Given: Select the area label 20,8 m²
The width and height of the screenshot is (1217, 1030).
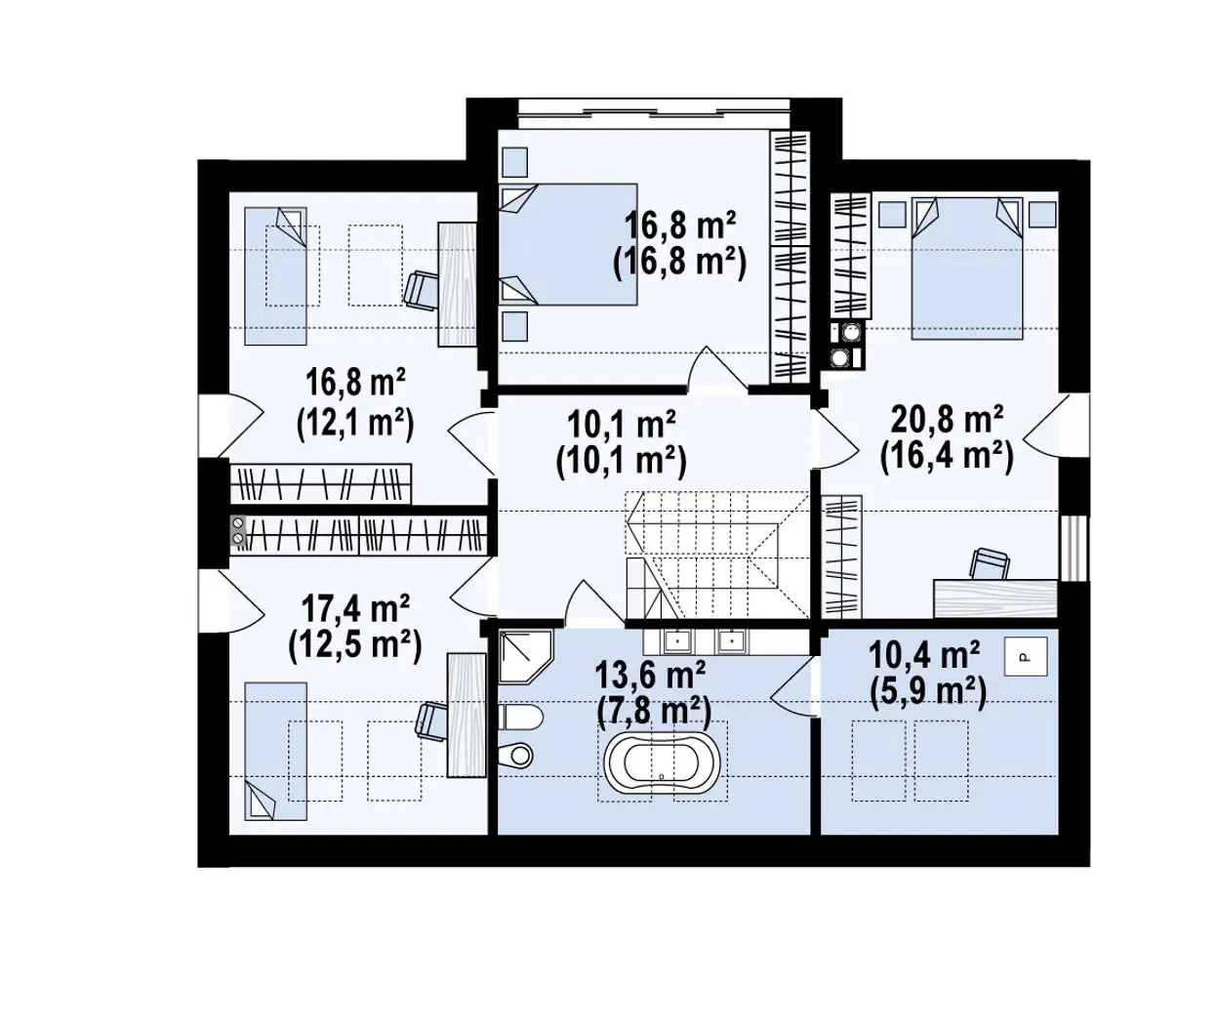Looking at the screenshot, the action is pos(947,420).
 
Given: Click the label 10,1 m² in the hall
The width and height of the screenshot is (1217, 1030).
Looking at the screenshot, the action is pos(621,424).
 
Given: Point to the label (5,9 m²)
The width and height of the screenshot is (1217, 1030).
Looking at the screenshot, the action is pos(928,692).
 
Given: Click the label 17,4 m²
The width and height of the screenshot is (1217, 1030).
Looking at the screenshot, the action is pos(355,608).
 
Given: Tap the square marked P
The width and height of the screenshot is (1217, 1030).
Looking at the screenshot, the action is pos(1026,657).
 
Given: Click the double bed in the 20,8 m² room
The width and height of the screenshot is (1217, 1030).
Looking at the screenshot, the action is pos(967,268).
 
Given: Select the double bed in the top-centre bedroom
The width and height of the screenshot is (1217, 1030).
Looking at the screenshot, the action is pos(568,244).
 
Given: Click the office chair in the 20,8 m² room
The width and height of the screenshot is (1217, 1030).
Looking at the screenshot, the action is pos(991,563).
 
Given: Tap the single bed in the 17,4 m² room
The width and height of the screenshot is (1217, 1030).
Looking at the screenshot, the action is pos(275,751).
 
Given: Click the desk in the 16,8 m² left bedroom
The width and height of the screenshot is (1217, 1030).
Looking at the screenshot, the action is pos(457,284).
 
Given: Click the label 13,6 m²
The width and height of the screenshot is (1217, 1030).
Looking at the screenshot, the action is pos(651,675).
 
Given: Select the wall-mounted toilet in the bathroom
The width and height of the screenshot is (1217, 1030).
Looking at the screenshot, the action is pos(520,718).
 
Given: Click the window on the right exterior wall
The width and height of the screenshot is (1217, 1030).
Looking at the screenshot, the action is pos(1075,549).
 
